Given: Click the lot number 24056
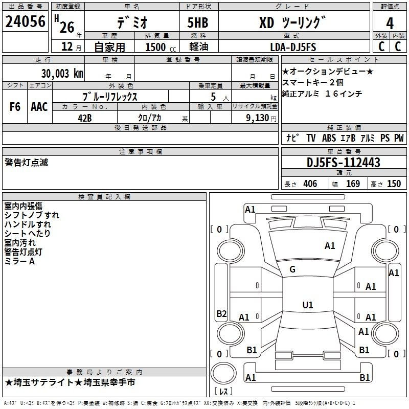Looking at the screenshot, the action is [25, 21].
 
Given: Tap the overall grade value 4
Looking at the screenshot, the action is [390, 24].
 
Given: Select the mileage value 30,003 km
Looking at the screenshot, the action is [62, 74].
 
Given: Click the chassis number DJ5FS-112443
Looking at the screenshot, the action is [343, 163].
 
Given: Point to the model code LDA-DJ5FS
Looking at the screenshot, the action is [293, 47].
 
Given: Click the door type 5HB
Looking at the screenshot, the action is [198, 22].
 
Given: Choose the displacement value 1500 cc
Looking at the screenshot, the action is [161, 47].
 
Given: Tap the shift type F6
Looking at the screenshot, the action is [15, 106].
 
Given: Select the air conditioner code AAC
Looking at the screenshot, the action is [39, 106].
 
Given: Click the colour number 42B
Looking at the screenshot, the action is [85, 118].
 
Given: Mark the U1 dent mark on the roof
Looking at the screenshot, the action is [308, 305].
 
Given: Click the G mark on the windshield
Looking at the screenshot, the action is [292, 269].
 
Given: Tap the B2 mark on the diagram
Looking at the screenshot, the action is [221, 313].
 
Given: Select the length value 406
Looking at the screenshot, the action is [310, 184].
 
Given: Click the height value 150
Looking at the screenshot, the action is [394, 184].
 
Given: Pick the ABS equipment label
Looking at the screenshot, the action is [329, 138].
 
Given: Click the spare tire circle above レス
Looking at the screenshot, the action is [223, 373].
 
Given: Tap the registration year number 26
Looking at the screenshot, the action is [67, 27].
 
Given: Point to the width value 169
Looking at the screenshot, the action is [353, 184].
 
